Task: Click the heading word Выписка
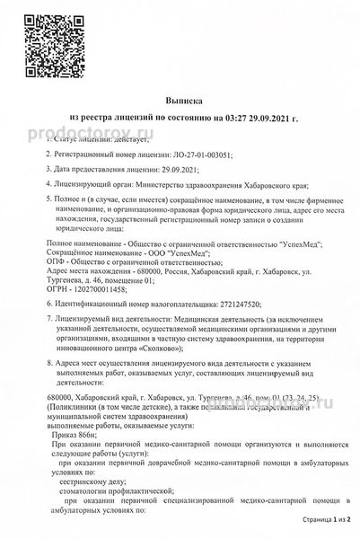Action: (x=180, y=103)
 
